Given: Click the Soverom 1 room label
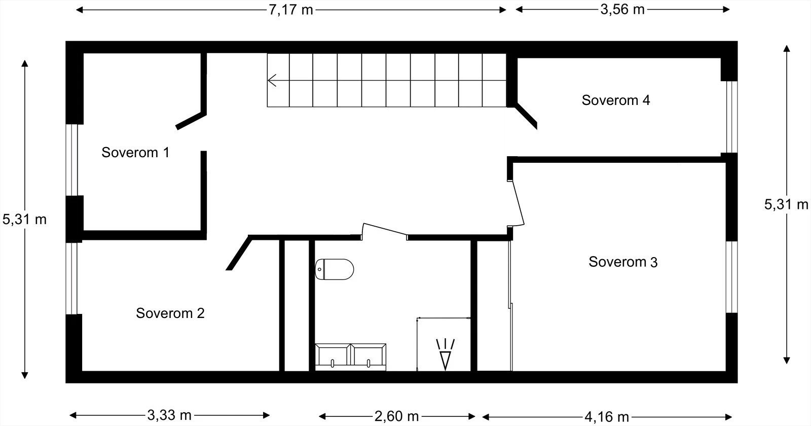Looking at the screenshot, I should click(x=135, y=152).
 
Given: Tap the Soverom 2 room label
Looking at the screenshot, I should click(x=170, y=313).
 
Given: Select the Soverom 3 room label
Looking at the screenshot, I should click(x=623, y=262).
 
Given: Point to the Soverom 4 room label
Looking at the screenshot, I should click(x=615, y=100).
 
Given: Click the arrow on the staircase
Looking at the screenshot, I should click(x=273, y=80).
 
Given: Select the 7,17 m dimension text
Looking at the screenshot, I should click(x=290, y=10).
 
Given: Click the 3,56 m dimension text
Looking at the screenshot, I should click(x=622, y=10).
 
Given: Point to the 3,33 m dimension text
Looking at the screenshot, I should click(x=169, y=415).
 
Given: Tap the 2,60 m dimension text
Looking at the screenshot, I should click(x=396, y=416).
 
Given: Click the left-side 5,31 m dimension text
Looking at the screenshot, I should click(x=24, y=219).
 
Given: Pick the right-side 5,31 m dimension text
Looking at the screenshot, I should click(x=786, y=204).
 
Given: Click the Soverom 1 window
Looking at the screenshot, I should click(x=73, y=160).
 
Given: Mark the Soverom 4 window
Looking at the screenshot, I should click(x=730, y=117).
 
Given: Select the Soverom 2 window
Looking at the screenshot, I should click(x=73, y=278).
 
